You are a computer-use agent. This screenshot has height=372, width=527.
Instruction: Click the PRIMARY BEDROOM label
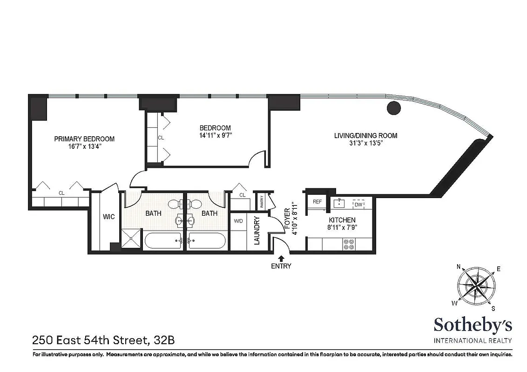84,139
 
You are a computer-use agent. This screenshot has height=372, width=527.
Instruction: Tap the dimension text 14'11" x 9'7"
215,135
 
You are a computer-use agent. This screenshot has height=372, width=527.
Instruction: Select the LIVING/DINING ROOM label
365,136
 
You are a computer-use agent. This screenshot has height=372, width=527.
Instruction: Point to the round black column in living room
394,108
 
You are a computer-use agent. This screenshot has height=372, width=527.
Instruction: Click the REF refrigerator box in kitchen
318,202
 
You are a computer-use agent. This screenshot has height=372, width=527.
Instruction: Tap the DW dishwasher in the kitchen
358,204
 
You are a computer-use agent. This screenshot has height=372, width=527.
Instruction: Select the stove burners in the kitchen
348,244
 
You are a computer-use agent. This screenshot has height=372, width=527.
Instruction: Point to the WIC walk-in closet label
108,217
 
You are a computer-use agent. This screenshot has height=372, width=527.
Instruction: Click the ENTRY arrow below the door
281,257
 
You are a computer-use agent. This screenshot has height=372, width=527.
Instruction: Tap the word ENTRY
281,266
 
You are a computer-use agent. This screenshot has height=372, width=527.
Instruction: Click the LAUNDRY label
257,231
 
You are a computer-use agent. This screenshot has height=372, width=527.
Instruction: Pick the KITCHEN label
342,220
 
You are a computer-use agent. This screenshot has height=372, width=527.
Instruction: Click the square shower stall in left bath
132,239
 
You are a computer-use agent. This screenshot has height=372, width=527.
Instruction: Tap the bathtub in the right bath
206,241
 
